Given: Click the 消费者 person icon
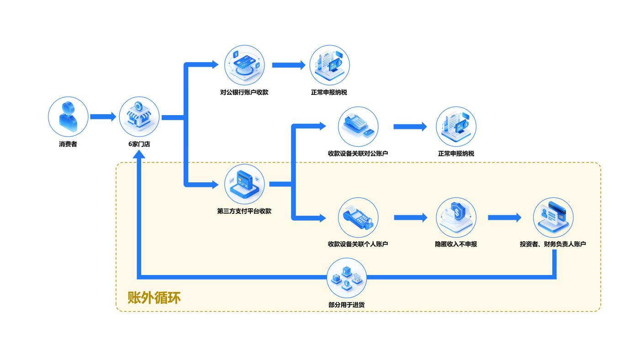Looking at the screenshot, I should (68, 116).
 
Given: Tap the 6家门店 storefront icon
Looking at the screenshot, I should (139, 116).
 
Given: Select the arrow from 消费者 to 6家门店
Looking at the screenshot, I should (103, 117).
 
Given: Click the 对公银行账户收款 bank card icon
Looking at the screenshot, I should (245, 64).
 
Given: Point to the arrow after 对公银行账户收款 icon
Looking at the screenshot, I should (289, 65).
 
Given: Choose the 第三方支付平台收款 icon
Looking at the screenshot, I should (244, 184).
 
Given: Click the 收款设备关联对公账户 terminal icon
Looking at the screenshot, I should (358, 126).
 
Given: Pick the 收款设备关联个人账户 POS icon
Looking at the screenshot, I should (358, 217).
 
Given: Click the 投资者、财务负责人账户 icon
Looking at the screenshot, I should (553, 217).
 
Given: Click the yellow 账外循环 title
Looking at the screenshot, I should (154, 297).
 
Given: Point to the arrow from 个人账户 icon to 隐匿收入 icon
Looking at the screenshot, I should (410, 217).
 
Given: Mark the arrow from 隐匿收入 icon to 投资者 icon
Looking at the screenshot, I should (504, 217).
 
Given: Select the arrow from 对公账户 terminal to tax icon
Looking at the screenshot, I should (410, 127).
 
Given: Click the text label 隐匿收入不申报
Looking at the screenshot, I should (456, 244).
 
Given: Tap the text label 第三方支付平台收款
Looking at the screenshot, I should (244, 212).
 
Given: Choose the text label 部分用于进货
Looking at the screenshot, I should (346, 305).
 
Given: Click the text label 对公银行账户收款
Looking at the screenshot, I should (244, 92).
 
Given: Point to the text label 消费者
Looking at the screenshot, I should (68, 144).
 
